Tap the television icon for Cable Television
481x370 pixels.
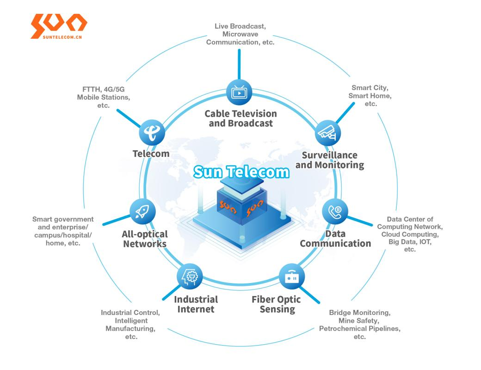click(239, 92)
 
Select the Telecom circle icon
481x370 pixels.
click(152, 132)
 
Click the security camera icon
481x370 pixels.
click(328, 133)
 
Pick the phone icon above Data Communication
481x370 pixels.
click(335, 211)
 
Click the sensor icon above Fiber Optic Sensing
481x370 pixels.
click(292, 277)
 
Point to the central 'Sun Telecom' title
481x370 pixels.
click(241, 172)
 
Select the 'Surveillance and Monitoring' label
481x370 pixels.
click(330, 160)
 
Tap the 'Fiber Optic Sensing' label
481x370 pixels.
click(277, 304)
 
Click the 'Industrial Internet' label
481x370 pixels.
click(196, 304)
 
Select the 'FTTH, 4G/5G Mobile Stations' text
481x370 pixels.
click(104, 97)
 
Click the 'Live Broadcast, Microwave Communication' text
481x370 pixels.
click(240, 34)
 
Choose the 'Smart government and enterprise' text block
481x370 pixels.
click(63, 231)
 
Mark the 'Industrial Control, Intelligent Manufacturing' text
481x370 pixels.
click(130, 325)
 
